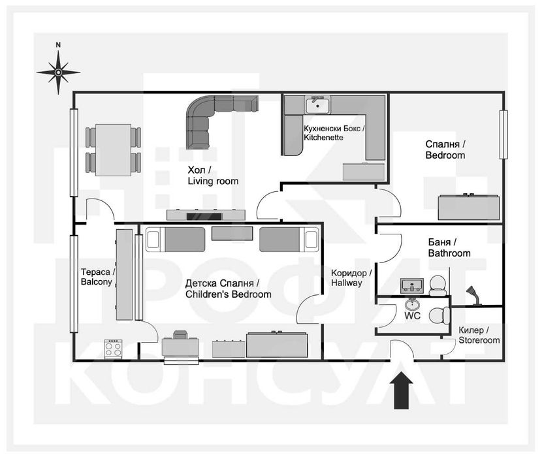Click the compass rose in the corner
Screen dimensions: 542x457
click(58, 72)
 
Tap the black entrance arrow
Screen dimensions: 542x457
click(402, 390)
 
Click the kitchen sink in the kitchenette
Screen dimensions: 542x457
click(317, 104)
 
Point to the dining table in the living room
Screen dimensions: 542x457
click(114, 150)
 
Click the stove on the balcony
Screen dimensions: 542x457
click(114, 349)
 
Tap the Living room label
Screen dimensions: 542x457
click(213, 176)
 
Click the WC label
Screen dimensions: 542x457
click(412, 315)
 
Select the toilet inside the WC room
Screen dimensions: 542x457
click(439, 315)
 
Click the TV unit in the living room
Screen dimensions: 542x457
click(206, 215)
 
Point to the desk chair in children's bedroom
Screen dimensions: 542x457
click(180, 335)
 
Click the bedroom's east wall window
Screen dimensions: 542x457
click(503, 135)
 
